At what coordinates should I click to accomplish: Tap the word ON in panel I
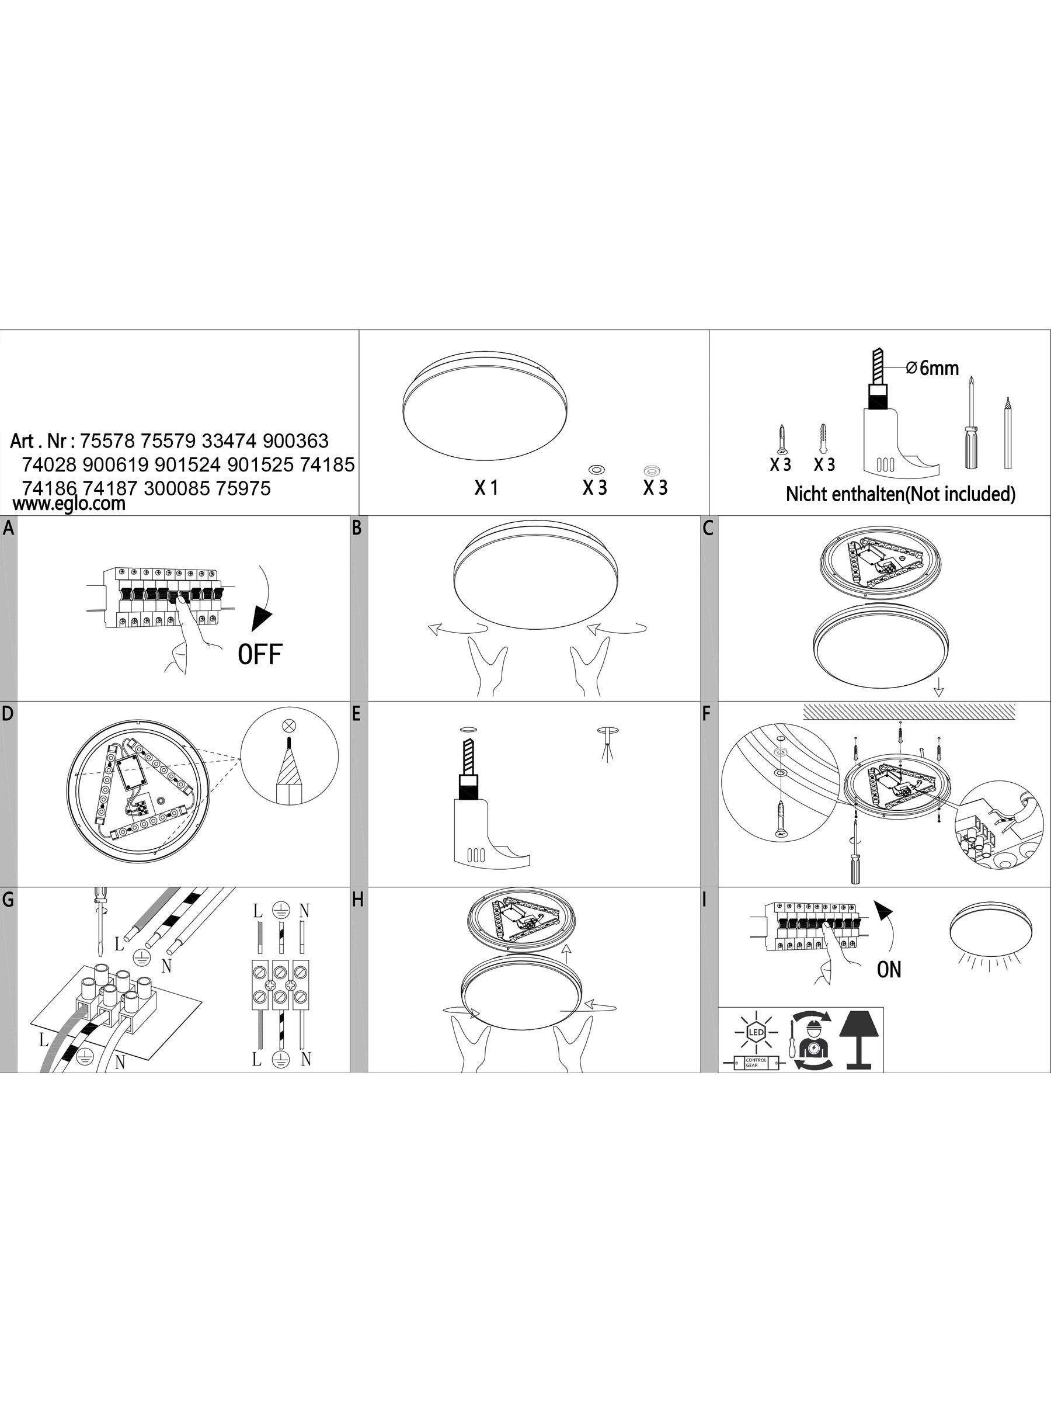tap(889, 969)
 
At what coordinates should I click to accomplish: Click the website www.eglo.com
tap(69, 504)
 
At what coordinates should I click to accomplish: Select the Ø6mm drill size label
tap(932, 367)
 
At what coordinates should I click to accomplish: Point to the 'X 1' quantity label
tap(486, 487)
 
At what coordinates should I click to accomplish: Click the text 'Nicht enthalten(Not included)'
tap(900, 494)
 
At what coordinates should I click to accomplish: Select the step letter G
tap(8, 901)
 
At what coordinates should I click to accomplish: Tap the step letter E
tap(356, 714)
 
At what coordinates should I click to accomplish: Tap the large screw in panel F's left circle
tap(780, 821)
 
